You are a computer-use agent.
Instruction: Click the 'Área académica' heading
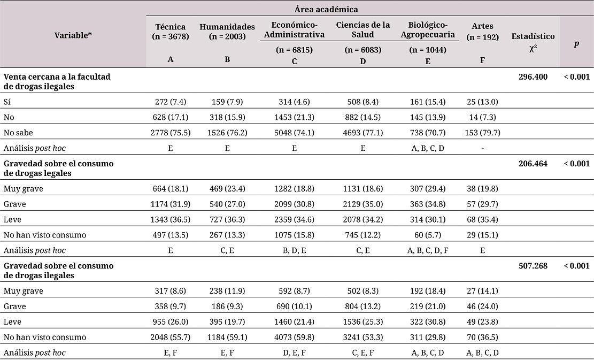326,10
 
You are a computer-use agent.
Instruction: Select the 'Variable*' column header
73,36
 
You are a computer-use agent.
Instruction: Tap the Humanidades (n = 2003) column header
227,32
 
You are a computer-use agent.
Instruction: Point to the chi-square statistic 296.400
533,77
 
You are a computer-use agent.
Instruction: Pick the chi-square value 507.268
533,266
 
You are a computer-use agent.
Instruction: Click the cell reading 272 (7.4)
171,102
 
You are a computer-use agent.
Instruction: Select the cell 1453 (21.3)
295,118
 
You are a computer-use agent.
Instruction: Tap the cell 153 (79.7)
482,133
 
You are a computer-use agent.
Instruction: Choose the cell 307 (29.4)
428,189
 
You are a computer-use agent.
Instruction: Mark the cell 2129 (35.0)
363,204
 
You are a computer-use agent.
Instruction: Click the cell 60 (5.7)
428,235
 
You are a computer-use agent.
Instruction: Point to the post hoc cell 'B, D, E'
295,250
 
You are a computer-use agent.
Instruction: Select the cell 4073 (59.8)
295,337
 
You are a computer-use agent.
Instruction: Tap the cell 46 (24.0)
482,307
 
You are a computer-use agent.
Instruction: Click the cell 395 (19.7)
227,322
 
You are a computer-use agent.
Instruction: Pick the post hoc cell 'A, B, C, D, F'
428,250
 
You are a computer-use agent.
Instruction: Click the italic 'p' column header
576,43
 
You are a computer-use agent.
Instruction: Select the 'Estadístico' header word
533,36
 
